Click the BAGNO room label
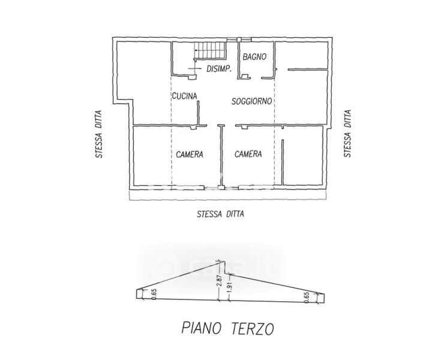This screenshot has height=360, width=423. [254, 56]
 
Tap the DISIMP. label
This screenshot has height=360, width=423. [219, 69]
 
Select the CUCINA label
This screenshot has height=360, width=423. [185, 96]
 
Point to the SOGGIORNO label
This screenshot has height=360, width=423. [251, 101]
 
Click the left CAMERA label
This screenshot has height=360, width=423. [190, 154]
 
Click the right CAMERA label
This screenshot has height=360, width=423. [248, 154]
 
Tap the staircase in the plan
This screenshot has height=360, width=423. [210, 50]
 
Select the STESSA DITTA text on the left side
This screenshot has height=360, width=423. [99, 134]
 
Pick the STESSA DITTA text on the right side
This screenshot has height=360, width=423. [347, 133]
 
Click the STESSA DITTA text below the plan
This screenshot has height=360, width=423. [220, 214]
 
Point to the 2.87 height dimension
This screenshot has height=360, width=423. [220, 281]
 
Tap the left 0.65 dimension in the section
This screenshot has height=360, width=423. [154, 294]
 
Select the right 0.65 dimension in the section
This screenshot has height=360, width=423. [307, 297]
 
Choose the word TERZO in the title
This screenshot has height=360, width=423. [253, 329]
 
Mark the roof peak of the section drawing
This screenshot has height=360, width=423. [224, 261]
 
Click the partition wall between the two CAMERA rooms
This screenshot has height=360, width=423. [221, 156]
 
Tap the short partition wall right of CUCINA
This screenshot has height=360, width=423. [198, 113]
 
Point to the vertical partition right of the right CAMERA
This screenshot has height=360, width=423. [283, 162]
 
